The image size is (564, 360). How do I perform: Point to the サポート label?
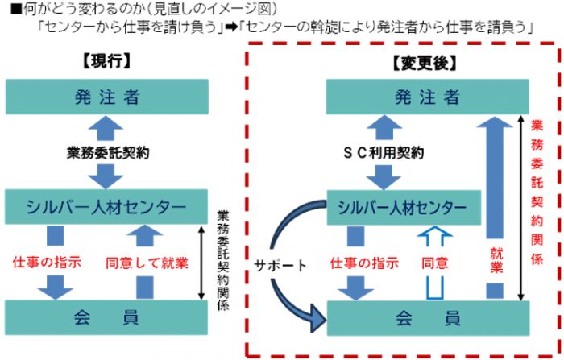(x=279, y=264)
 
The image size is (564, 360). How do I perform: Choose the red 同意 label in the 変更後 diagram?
(x=435, y=262)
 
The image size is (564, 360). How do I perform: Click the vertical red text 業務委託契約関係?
(x=538, y=193)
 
